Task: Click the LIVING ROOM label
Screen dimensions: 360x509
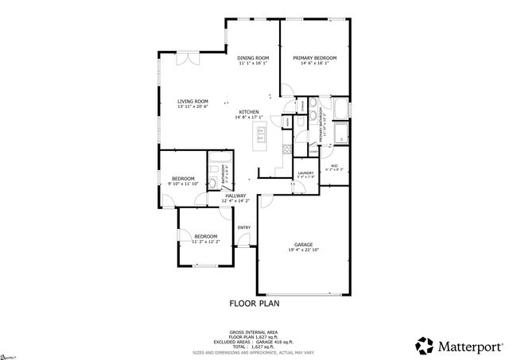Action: click(x=192, y=102)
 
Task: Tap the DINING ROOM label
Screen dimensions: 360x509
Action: click(x=254, y=58)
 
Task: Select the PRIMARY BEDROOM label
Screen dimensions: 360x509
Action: click(x=314, y=58)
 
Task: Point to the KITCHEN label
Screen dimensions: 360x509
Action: click(x=249, y=111)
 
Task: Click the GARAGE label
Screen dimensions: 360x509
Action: click(x=302, y=245)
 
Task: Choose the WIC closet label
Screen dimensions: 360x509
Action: click(x=335, y=165)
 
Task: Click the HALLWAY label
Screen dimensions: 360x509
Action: click(x=235, y=195)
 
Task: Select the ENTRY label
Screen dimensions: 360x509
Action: click(x=244, y=228)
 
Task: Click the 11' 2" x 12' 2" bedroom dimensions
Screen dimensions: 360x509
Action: click(x=206, y=242)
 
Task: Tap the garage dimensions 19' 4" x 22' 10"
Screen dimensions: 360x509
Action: click(x=302, y=250)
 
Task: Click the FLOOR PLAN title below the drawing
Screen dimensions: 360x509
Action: click(x=254, y=303)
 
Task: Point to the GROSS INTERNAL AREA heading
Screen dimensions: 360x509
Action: click(x=254, y=331)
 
